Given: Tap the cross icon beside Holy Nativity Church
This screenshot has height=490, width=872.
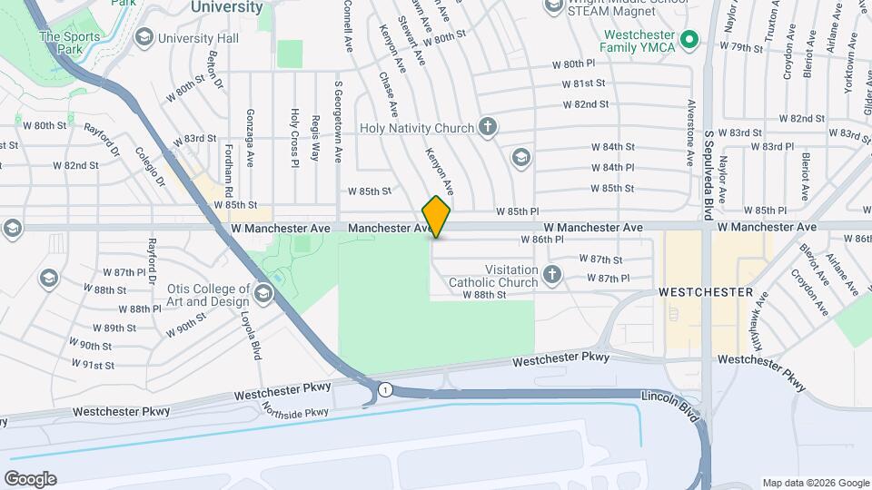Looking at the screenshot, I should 489,127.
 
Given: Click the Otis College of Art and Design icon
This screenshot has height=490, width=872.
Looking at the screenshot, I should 263,292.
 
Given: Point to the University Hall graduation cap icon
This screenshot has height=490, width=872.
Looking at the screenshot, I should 144,37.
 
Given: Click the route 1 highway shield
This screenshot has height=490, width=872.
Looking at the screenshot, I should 386,389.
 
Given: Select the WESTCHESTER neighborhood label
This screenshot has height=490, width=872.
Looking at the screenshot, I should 705,292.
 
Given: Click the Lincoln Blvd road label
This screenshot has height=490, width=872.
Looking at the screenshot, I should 674,406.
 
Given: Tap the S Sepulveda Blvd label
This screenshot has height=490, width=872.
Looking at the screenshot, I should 708,162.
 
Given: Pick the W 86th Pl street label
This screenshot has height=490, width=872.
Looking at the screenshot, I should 542,240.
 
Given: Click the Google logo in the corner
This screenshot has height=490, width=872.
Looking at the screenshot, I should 30,478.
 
